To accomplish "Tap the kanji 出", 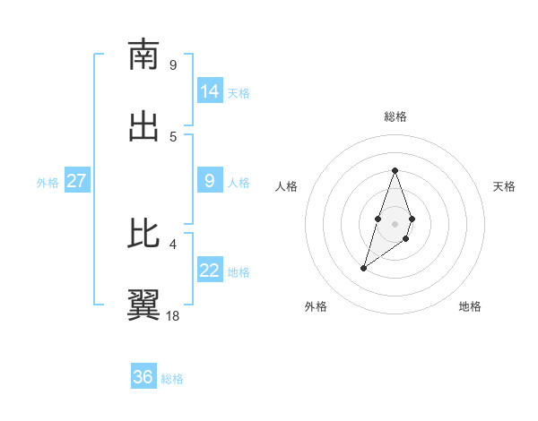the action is (143, 126).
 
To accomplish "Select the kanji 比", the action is (143, 234).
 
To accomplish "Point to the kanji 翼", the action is (143, 305).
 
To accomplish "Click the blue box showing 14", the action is (210, 90).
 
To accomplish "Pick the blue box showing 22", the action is (210, 270).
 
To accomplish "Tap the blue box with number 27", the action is (76, 180).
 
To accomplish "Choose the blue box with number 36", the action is (143, 377).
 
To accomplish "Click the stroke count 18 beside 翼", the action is (173, 315).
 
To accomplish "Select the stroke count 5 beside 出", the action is (173, 136).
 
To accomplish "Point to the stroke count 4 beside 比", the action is (173, 244).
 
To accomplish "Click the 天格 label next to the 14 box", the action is (239, 92).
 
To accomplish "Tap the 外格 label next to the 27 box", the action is (48, 182).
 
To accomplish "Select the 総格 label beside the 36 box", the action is (172, 379).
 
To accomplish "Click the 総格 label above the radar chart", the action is (395, 116).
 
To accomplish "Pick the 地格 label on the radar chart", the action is (470, 306).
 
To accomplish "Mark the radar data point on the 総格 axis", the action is (395, 170).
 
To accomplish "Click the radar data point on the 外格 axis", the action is (363, 268).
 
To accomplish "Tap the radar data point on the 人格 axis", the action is (378, 219).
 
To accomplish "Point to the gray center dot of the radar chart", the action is (395, 224).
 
